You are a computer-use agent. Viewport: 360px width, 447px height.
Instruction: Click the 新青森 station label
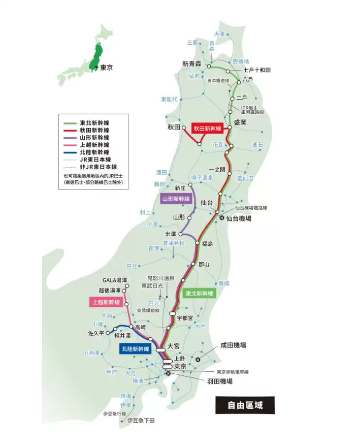point(192,64)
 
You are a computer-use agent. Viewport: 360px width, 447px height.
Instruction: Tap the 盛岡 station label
point(240,122)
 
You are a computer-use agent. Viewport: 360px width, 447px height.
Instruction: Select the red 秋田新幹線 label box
point(207,129)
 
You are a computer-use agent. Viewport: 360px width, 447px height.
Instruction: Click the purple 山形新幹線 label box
point(176,199)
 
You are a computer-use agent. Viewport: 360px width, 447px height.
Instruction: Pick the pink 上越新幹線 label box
point(106,302)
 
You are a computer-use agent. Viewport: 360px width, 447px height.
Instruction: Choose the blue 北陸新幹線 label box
point(136,349)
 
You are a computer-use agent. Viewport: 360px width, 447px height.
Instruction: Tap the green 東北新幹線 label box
point(200,294)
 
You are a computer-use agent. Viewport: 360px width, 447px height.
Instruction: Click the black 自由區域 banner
point(244,406)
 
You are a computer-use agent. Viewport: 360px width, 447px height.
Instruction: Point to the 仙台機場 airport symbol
point(221,218)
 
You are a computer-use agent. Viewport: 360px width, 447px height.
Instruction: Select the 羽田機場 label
point(219,381)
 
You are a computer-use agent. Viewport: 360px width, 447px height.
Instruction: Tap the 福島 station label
point(207,244)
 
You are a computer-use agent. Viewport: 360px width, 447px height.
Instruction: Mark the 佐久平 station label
point(94,333)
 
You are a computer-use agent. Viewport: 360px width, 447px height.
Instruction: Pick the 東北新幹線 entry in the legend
point(94,123)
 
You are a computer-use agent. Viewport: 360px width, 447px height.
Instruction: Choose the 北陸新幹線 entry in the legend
point(94,152)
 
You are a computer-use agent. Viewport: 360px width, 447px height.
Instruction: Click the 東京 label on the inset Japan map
point(106,68)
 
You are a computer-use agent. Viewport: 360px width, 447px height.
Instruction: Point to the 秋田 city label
point(174,127)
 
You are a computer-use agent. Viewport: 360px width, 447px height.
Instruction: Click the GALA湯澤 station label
point(114,280)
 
